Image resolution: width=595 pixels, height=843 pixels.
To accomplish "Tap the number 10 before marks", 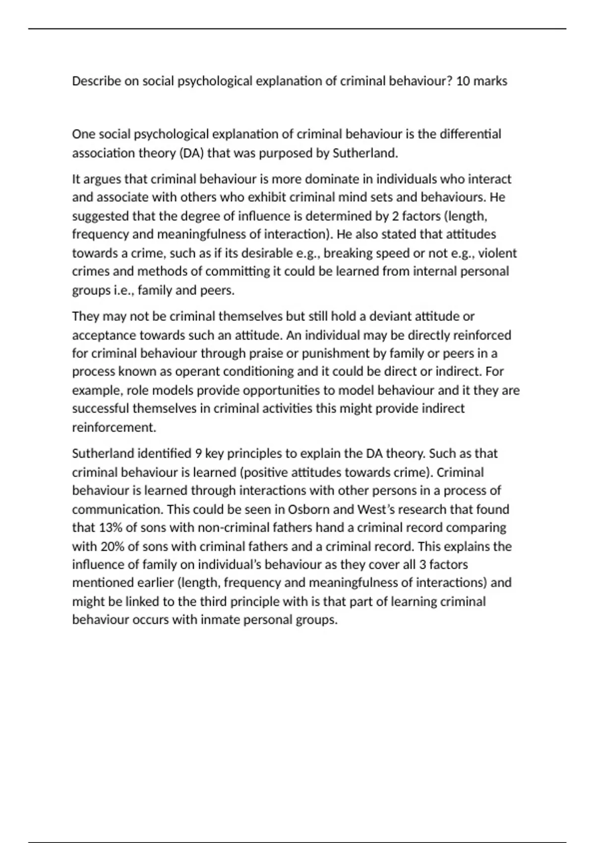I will [x=463, y=81].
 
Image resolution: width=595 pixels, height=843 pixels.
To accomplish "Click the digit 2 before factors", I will [x=395, y=216].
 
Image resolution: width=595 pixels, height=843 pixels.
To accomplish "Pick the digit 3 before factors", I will [x=422, y=564].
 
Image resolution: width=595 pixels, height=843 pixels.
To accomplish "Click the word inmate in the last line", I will [x=220, y=620].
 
